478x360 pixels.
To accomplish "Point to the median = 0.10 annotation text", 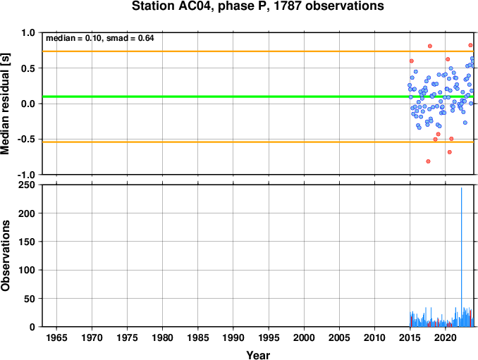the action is tap(73, 38).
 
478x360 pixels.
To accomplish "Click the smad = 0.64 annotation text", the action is tap(130, 38).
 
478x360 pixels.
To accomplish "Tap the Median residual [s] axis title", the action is tap(5, 104).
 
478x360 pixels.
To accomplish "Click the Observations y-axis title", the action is tap(5, 256).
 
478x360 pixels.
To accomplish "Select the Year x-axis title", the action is tap(258, 355).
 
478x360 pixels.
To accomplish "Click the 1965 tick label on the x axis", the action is tap(56, 337).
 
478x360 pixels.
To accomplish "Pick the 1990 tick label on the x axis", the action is tap(233, 337).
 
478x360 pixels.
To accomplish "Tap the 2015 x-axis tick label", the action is tap(410, 337).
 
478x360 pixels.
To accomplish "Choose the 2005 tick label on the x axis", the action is tap(339, 337).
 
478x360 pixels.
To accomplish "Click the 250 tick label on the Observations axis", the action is tap(27, 185).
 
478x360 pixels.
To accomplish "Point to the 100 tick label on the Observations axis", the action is tap(27, 270).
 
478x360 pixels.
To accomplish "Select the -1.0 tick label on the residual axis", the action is tap(26, 175).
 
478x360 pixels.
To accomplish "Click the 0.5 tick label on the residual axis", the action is tap(28, 68).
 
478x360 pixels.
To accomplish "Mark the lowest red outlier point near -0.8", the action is tap(428, 161).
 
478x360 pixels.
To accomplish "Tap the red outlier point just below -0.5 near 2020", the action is tap(449, 152).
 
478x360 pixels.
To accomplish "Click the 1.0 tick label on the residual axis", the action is tap(28, 32).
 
